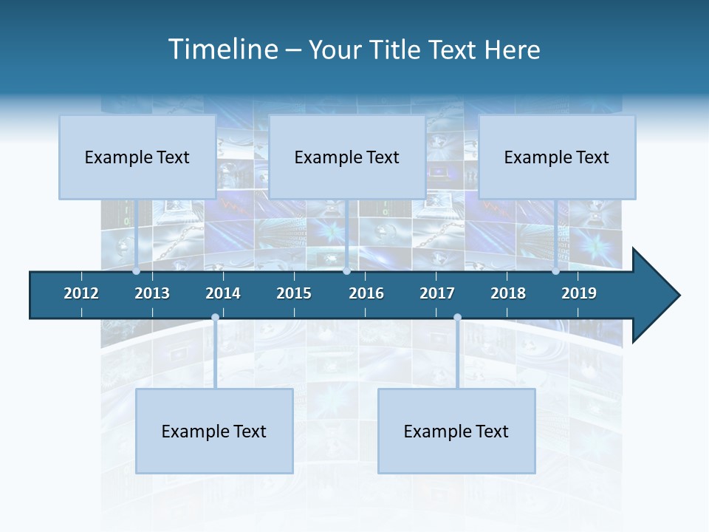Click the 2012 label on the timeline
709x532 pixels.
coord(81,293)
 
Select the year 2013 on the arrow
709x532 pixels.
coord(152,293)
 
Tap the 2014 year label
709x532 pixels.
coord(223,293)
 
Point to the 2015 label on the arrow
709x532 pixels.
coord(294,293)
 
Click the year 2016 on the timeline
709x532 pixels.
coord(366,293)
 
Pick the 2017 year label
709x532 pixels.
coord(437,293)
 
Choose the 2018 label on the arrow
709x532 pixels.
coord(508,293)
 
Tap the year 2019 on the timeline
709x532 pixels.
coord(579,293)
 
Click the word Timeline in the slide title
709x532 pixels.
coord(223,50)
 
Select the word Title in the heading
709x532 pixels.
coord(397,50)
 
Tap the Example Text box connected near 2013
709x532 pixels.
coord(137,157)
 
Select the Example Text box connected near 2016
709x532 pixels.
coord(347,157)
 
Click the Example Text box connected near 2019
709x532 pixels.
coord(557,157)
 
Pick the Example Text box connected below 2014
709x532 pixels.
coord(214,431)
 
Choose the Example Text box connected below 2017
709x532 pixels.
coord(456,431)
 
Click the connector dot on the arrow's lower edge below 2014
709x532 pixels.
coord(215,318)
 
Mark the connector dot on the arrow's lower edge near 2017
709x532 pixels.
coord(457,318)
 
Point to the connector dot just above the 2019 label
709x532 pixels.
coord(555,271)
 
